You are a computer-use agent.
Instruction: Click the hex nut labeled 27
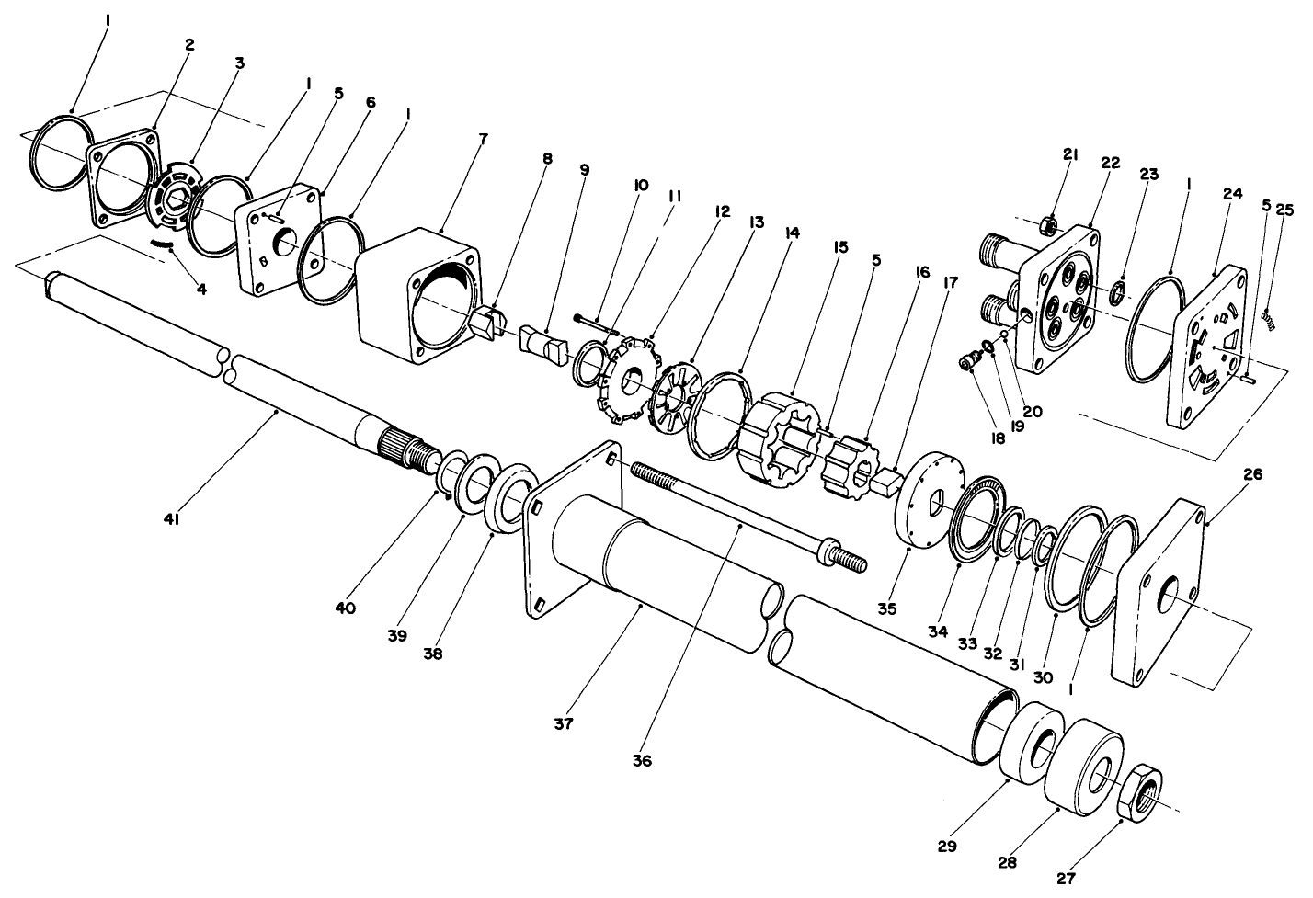point(1141,792)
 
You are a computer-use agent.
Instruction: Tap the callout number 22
point(1110,162)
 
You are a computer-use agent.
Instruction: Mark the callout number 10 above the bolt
point(641,185)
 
